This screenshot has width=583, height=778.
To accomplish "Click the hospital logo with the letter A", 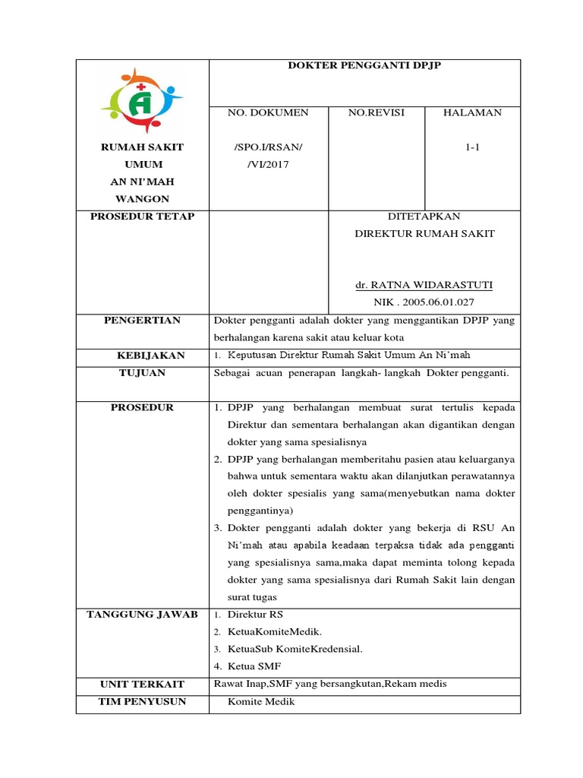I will (x=142, y=100).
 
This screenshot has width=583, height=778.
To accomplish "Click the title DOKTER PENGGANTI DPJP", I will (x=364, y=66).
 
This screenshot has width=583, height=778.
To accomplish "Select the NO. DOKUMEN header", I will (x=268, y=113).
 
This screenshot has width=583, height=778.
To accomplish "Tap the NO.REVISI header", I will (x=376, y=113).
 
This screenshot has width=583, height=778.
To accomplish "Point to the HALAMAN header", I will (x=472, y=113).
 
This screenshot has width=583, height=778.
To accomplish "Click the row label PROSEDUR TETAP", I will (x=142, y=217).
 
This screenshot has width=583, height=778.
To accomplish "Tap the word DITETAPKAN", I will (x=424, y=217).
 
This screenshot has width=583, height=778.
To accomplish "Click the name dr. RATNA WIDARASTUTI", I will (x=424, y=286).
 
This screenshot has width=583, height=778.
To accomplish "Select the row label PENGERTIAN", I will (x=142, y=321).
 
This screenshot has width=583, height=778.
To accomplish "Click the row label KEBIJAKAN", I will (x=142, y=356).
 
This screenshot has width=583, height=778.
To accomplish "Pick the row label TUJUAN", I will (x=142, y=373).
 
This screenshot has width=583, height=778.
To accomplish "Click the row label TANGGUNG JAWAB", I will (x=142, y=615).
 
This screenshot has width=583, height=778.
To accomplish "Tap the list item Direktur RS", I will (x=255, y=615).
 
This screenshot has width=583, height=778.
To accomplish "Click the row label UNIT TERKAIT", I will (x=142, y=685).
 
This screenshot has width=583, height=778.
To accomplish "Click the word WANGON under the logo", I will (x=142, y=198).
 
